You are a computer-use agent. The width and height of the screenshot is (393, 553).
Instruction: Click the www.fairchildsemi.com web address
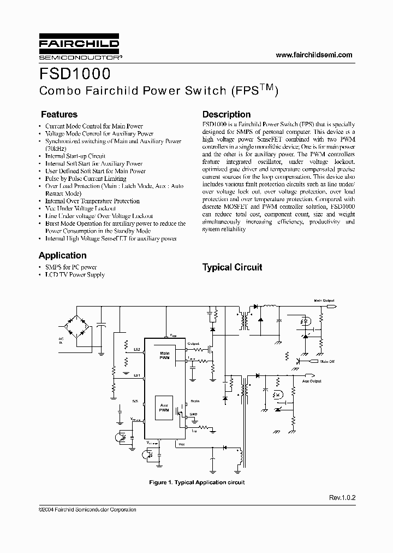point(314,55)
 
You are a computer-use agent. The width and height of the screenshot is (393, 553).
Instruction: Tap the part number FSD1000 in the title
point(75,74)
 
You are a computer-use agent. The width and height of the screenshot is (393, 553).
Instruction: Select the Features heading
point(59,115)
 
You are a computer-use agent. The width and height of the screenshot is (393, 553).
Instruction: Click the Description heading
point(227,115)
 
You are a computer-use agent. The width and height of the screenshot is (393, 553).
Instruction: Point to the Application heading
point(63,255)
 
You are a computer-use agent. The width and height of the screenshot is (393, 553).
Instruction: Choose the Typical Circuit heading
point(232,267)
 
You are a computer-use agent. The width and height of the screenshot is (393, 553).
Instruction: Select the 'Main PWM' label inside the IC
point(164,355)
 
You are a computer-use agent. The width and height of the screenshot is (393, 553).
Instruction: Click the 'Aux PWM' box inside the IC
point(164,408)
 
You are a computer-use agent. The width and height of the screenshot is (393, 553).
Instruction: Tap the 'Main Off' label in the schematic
point(327,361)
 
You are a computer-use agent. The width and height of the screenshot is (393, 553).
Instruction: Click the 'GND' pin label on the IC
point(194,414)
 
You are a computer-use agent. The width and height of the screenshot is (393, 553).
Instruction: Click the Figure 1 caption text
point(196,483)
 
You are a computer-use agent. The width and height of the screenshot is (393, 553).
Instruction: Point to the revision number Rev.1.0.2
point(342,498)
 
